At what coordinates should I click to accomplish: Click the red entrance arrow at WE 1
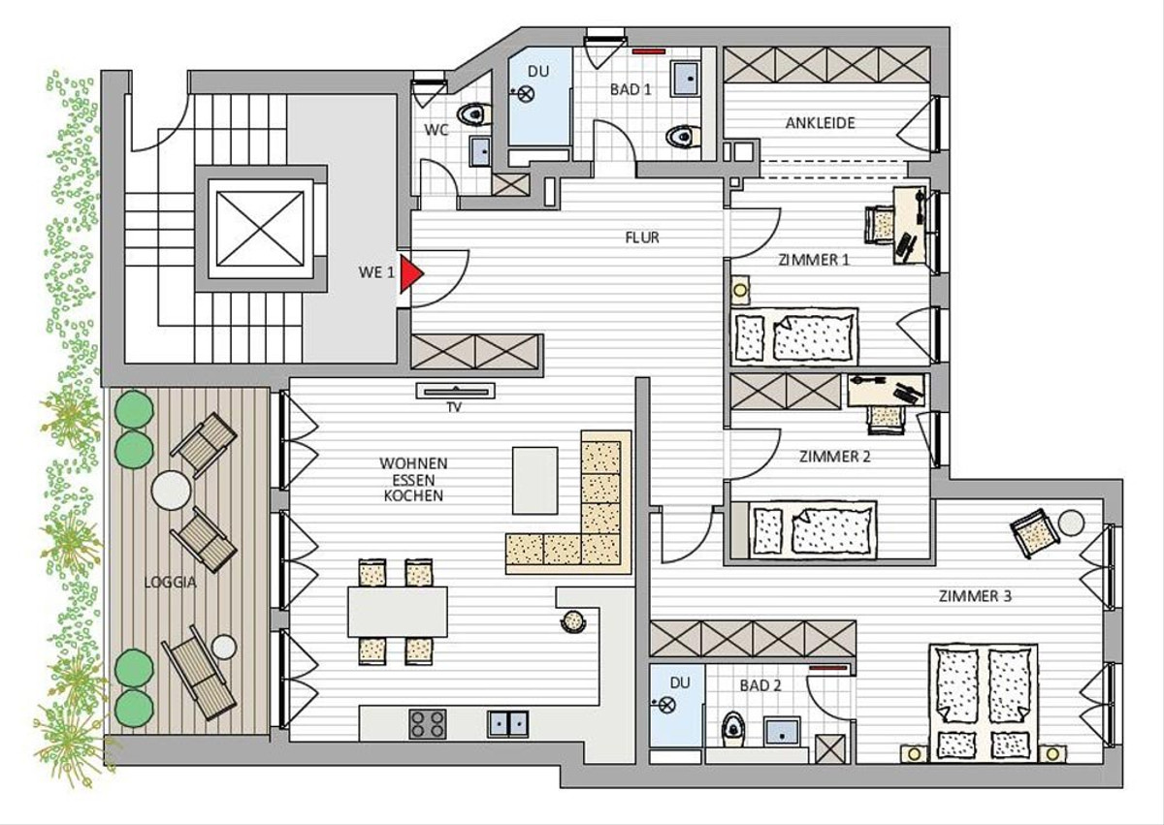point(410,273)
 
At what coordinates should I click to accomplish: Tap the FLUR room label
point(642,238)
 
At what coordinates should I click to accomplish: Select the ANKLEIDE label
point(820,123)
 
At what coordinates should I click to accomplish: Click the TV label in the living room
point(454,407)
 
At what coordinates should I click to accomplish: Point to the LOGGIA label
point(170,583)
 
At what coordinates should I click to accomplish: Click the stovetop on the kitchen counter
point(428,724)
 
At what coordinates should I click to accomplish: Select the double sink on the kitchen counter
point(508,724)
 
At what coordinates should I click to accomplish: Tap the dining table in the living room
point(398,612)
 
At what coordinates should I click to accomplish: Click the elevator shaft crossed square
point(260,229)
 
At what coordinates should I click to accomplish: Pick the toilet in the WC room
point(474,114)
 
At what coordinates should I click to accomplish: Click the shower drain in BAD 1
point(526,94)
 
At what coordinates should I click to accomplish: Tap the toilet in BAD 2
point(733,729)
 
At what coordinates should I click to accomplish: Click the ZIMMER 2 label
point(834,457)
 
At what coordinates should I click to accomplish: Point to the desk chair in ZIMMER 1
point(879,224)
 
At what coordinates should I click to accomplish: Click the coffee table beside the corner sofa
point(534,481)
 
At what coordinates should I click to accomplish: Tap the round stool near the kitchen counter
point(573,621)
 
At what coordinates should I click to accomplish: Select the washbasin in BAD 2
point(782,732)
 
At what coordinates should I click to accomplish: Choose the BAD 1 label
point(630,90)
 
